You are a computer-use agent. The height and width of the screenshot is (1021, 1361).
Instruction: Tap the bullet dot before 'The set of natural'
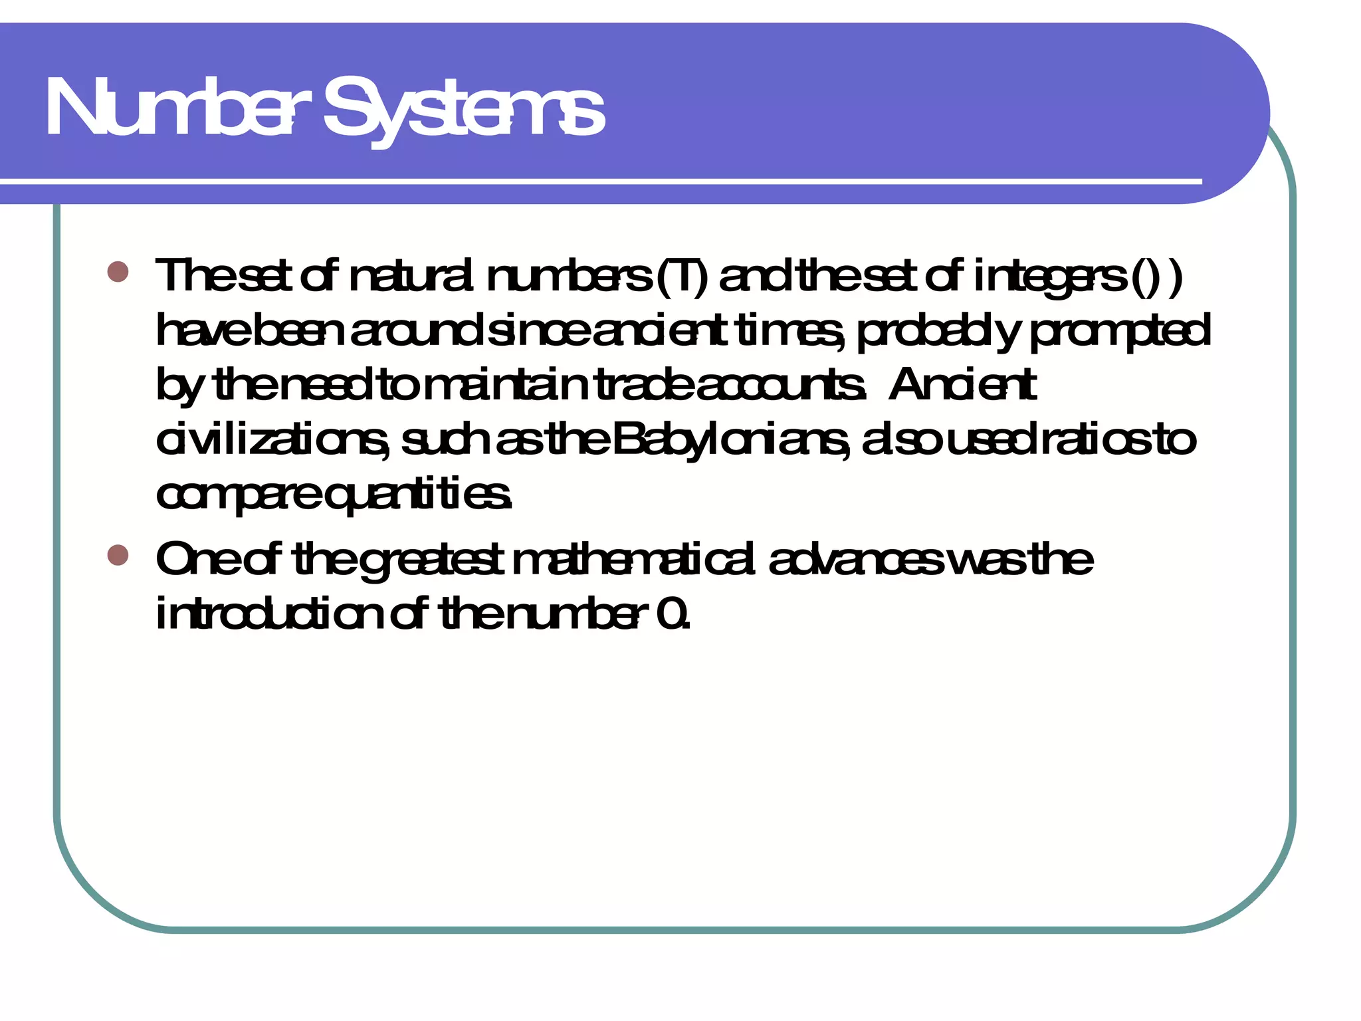118,271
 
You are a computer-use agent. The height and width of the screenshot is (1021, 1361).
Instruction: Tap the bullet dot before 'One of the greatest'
118,554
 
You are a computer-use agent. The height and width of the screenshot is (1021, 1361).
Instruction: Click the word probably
937,331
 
